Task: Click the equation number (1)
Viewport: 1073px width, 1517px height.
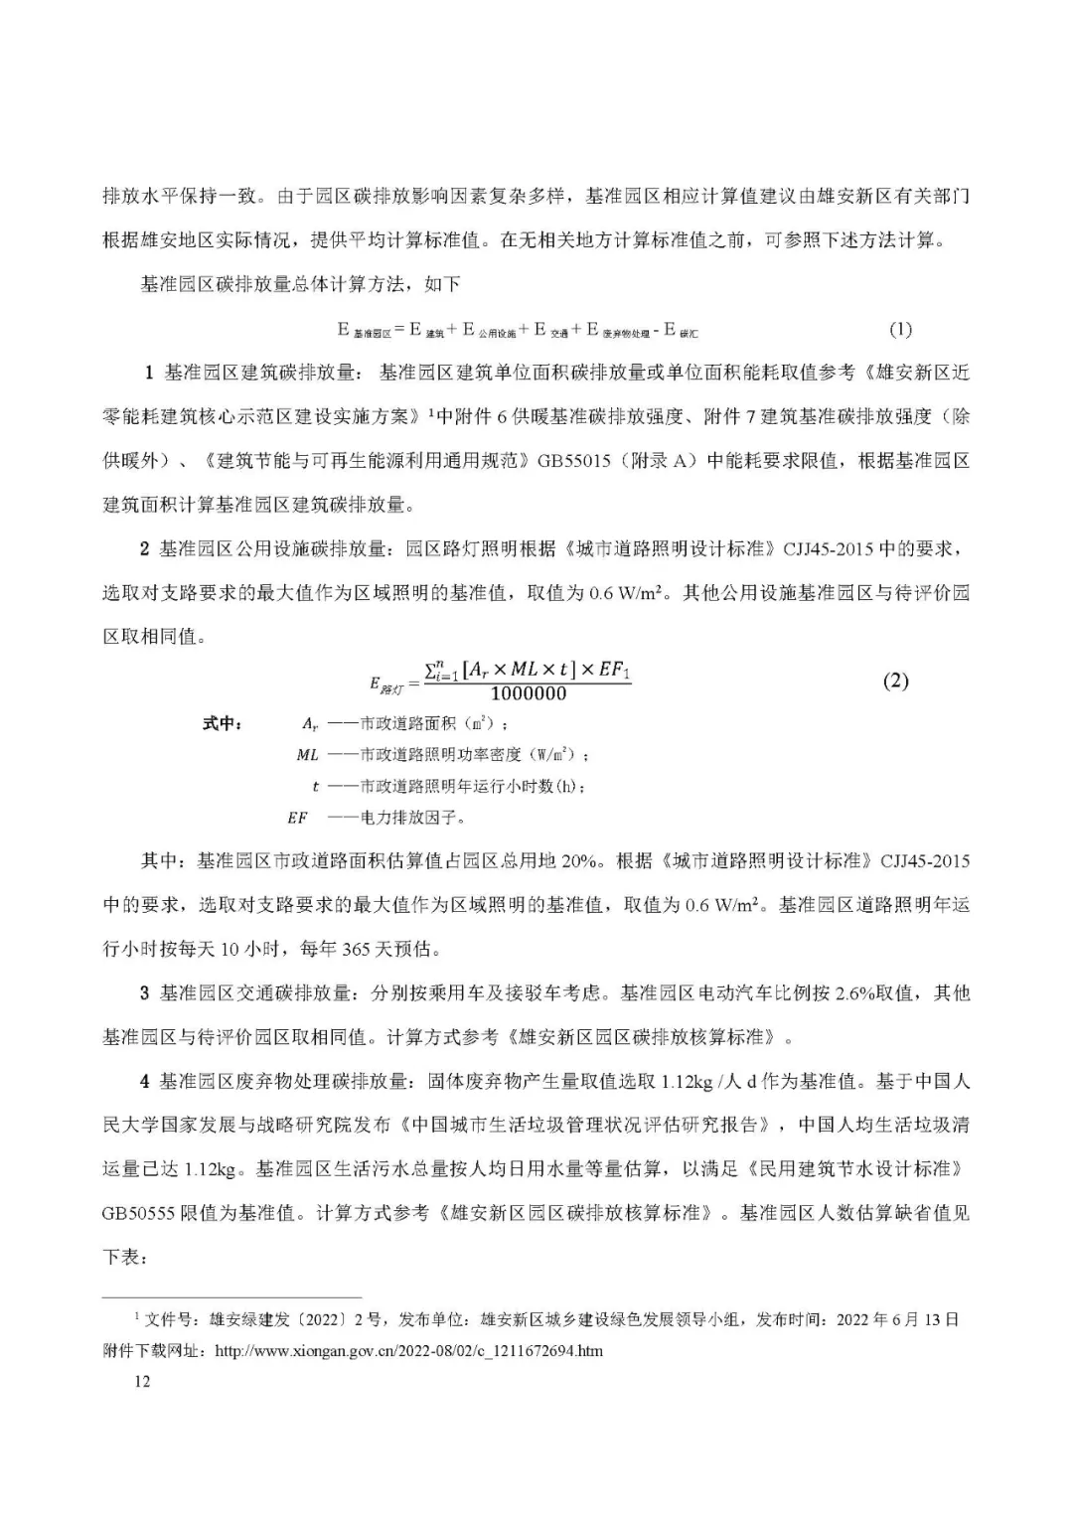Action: click(x=899, y=329)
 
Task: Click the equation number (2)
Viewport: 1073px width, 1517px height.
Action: click(x=895, y=682)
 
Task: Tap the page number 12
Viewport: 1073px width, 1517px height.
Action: click(x=141, y=1381)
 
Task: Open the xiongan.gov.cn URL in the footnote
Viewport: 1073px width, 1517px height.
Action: click(x=408, y=1351)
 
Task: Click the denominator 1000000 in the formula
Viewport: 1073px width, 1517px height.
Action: click(x=529, y=694)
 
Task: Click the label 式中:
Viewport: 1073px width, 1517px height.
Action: click(x=222, y=723)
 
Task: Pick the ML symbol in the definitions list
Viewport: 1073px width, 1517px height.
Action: click(x=307, y=755)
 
